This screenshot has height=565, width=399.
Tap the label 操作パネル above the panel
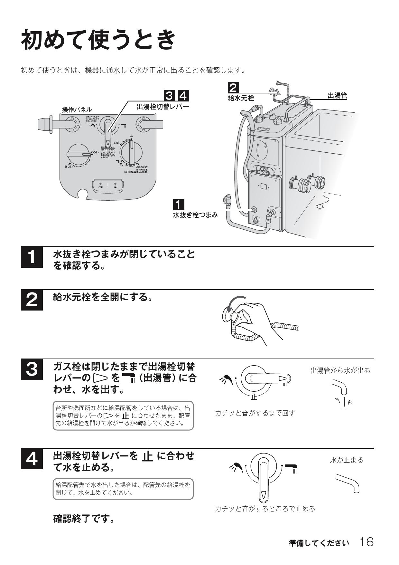(77, 110)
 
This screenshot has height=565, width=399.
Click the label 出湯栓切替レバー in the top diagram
(163, 107)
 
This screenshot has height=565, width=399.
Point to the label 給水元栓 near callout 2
(241, 98)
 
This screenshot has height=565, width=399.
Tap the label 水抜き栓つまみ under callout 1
(195, 215)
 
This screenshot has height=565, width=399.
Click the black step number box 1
(32, 257)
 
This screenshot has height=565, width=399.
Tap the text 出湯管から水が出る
(340, 370)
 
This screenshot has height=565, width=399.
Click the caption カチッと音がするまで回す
(255, 413)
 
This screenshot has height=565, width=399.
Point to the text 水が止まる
(346, 460)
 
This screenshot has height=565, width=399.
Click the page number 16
(367, 542)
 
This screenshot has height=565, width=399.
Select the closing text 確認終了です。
(84, 519)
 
